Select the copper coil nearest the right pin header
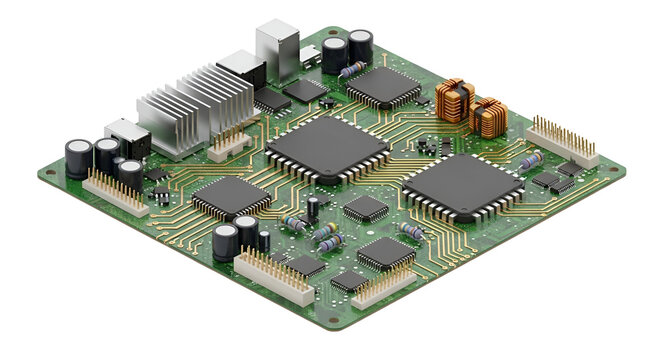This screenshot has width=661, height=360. click(488, 117)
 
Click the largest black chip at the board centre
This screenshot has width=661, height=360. click(327, 148)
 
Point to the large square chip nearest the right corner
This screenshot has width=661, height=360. click(463, 185)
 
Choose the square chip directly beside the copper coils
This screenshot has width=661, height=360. click(384, 87)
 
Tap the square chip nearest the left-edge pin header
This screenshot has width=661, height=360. click(231, 196)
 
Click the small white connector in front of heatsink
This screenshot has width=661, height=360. click(230, 146)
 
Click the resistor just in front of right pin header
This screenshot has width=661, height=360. click(530, 161)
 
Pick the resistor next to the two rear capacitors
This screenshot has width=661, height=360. click(351, 69)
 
